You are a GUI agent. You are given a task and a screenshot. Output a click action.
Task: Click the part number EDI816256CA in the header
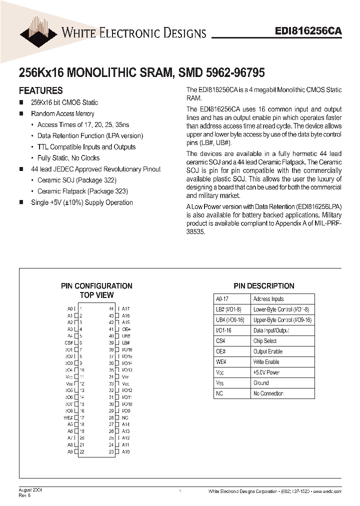pyautogui.click(x=308, y=31)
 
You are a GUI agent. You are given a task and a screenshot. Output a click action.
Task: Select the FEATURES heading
pyautogui.click(x=40, y=90)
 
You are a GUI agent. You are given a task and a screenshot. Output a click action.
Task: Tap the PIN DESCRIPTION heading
pyautogui.click(x=264, y=286)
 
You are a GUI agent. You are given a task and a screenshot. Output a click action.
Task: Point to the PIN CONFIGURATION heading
pyautogui.click(x=96, y=286)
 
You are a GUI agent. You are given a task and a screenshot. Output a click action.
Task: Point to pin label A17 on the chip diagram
pyautogui.click(x=126, y=309)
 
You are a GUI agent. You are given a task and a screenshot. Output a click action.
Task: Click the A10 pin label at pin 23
pyautogui.click(x=126, y=452)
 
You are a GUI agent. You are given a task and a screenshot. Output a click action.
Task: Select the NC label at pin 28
pyautogui.click(x=125, y=417)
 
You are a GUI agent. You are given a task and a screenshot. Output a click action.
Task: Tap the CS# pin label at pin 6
pyautogui.click(x=69, y=343)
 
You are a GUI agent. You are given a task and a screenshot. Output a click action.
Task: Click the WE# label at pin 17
pyautogui.click(x=68, y=417)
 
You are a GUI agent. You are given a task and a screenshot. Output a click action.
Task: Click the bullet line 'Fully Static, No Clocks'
pyautogui.click(x=68, y=158)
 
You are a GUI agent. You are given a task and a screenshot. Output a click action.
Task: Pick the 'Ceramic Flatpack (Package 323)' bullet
pyautogui.click(x=82, y=191)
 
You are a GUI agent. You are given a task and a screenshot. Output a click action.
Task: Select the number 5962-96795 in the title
pyautogui.click(x=235, y=72)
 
